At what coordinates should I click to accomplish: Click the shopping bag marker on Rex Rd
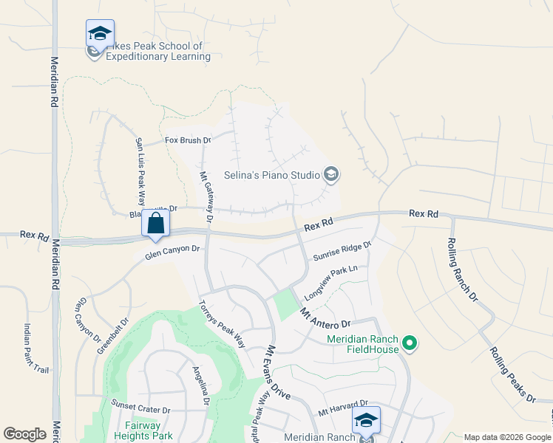tap(155, 222)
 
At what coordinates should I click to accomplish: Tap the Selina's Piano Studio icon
tap(331, 174)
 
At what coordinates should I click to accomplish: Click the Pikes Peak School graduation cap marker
tap(100, 33)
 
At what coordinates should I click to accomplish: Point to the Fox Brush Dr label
tap(188, 140)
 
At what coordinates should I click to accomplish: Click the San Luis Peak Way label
tap(139, 171)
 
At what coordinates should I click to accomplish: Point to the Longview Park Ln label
tap(330, 281)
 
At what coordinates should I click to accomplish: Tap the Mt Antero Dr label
tap(325, 319)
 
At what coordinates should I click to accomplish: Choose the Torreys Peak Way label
tap(223, 324)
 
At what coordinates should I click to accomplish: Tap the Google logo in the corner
tap(24, 433)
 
